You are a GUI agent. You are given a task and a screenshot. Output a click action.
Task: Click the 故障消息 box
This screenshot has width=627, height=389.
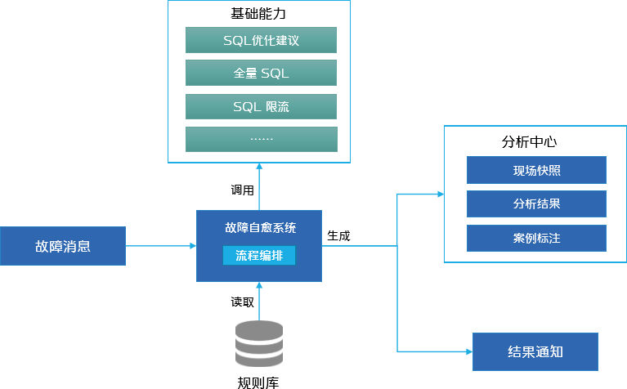(x=63, y=246)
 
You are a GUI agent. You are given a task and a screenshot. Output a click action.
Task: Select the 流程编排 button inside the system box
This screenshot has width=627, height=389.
(x=259, y=256)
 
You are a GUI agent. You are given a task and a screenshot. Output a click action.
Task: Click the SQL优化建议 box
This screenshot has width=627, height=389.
(x=261, y=41)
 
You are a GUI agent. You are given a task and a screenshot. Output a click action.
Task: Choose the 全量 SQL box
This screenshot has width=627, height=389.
(x=261, y=74)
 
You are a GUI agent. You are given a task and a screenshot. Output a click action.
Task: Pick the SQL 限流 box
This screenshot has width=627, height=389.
(x=261, y=106)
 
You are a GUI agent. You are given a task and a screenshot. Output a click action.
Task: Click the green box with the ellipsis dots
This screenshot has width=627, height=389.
(x=261, y=139)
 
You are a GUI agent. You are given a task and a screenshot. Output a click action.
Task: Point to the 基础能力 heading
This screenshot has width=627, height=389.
(x=258, y=14)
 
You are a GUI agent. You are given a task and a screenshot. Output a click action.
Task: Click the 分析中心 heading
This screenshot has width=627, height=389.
(x=529, y=141)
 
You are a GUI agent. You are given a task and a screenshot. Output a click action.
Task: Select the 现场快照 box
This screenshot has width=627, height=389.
(x=536, y=171)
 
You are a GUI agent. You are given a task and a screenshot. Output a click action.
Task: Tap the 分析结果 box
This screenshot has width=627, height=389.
(x=536, y=204)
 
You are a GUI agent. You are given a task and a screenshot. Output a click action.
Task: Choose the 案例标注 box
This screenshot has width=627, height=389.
(x=536, y=239)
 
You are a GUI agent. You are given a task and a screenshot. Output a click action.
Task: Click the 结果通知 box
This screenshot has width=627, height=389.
(x=535, y=352)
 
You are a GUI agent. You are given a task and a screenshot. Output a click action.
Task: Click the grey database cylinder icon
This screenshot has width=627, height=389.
(x=259, y=343)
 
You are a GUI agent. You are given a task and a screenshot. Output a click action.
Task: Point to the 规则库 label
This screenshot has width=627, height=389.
(x=258, y=381)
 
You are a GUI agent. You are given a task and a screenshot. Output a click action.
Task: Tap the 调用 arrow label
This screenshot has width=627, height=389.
(x=242, y=190)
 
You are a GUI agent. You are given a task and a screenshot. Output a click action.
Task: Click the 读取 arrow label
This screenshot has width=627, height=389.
(x=242, y=302)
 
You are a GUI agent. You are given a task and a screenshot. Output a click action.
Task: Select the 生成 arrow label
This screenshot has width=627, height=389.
(x=338, y=235)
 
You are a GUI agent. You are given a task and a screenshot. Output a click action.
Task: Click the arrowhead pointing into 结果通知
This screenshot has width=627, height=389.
(x=468, y=351)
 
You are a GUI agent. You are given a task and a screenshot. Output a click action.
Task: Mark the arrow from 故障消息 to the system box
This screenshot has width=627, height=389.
(x=161, y=245)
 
